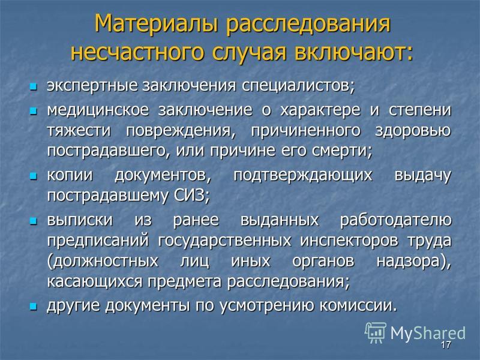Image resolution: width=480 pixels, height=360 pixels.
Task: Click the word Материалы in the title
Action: (x=156, y=23)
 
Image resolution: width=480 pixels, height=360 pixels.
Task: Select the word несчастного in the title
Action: (x=137, y=52)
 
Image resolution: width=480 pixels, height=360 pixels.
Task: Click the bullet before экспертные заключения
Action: (x=33, y=86)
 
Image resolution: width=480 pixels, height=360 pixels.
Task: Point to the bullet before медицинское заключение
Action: (x=33, y=111)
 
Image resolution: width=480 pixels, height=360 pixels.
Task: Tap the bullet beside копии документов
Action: (x=33, y=176)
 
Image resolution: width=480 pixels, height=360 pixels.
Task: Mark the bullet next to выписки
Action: (x=33, y=221)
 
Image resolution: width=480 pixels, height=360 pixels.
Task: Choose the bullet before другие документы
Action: (x=33, y=306)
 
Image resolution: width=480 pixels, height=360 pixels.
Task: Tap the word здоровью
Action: (x=413, y=131)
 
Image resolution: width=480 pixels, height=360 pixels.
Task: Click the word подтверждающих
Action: (x=303, y=176)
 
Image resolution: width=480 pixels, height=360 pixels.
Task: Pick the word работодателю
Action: (x=396, y=220)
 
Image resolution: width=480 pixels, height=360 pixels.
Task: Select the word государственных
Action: (x=224, y=241)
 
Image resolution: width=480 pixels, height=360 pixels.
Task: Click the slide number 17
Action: (x=446, y=344)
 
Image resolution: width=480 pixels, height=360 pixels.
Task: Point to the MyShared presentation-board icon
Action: (x=376, y=332)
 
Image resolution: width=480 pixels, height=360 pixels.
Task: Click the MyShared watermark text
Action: (x=428, y=333)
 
